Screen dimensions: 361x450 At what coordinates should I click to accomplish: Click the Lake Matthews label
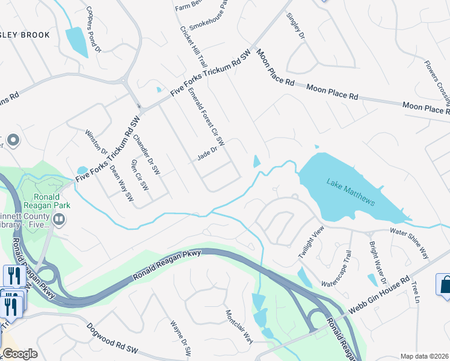tap(351, 192)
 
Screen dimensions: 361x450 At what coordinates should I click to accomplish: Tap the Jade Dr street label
tap(206, 158)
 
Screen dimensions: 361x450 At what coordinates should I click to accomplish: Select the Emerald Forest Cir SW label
tap(206, 117)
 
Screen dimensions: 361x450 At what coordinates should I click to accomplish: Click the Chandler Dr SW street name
tap(147, 155)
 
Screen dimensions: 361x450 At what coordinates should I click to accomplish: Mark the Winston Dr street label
tap(96, 142)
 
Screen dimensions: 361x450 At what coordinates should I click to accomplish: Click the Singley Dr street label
tap(295, 26)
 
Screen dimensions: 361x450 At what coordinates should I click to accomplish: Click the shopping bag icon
tap(445, 284)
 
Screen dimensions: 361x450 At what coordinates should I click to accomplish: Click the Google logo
tap(19, 354)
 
